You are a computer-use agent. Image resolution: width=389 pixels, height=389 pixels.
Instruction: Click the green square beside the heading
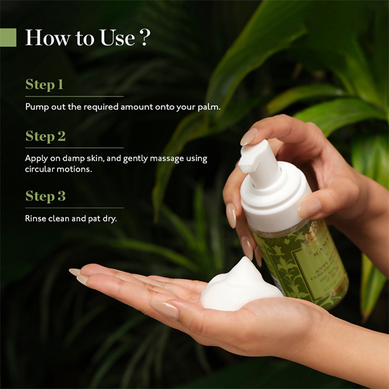(8, 37)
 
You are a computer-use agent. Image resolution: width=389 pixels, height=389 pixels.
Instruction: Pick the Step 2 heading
(46, 136)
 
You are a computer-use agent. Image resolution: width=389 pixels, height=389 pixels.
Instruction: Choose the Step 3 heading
(46, 196)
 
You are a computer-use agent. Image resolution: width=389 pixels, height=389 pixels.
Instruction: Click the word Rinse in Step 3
(36, 219)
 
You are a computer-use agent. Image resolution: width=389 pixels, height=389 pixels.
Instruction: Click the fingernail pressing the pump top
(249, 137)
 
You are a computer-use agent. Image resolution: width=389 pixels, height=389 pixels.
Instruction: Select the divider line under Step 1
(74, 96)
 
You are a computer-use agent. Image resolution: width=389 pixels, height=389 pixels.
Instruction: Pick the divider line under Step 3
(74, 208)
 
